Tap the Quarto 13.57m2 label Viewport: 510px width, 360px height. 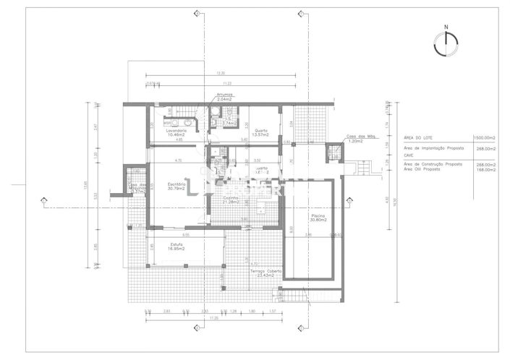pyautogui.click(x=256, y=132)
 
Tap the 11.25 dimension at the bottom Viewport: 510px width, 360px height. pyautogui.click(x=213, y=318)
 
